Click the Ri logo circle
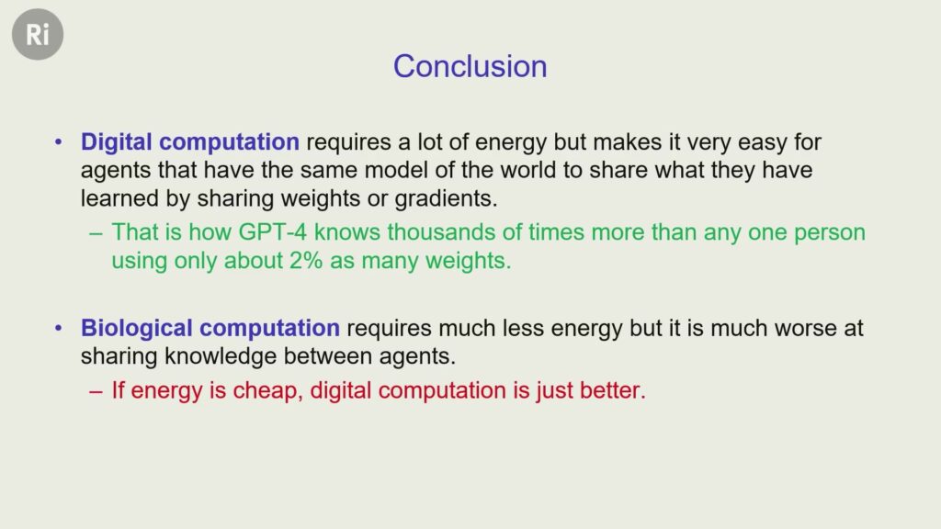coord(38,34)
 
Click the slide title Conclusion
coord(470,66)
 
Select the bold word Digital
coord(117,142)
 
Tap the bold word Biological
coord(137,329)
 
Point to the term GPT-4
coord(272,232)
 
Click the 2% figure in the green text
coord(306,261)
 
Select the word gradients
coord(446,199)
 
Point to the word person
coord(830,232)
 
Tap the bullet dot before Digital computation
coord(58,142)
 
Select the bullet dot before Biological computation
coord(58,329)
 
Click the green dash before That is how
coord(96,233)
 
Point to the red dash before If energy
coord(96,391)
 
